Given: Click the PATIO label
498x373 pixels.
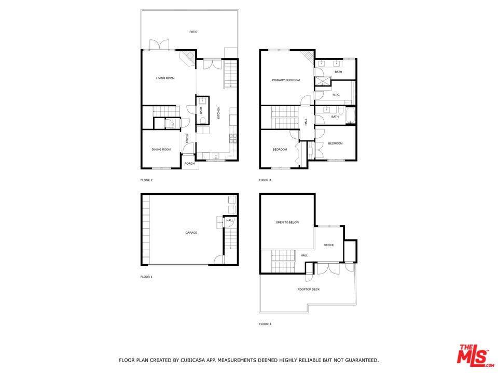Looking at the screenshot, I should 193,32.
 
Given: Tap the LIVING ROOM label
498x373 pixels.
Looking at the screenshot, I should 165,78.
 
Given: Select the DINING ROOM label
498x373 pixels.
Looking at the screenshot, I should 161,150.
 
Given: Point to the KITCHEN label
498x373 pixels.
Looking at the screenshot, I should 218,112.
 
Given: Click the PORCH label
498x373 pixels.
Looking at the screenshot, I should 189,164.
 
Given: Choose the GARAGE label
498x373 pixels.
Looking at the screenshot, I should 191,233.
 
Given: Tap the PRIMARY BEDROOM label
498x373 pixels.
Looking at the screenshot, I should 286,80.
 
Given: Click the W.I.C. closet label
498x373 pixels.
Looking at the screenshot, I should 336,94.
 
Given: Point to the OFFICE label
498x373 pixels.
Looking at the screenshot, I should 329,245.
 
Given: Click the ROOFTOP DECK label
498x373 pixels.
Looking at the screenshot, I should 309,289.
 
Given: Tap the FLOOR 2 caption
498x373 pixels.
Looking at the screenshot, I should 146,180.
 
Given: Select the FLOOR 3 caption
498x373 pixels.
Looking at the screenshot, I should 265,180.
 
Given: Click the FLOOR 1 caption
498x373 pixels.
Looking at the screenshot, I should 146,277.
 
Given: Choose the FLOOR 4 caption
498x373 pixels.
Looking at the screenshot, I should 265,324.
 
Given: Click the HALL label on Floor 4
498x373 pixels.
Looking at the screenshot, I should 305,255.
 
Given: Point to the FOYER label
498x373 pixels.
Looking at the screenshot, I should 187,138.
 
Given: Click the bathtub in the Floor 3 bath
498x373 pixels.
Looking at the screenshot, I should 350,116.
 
